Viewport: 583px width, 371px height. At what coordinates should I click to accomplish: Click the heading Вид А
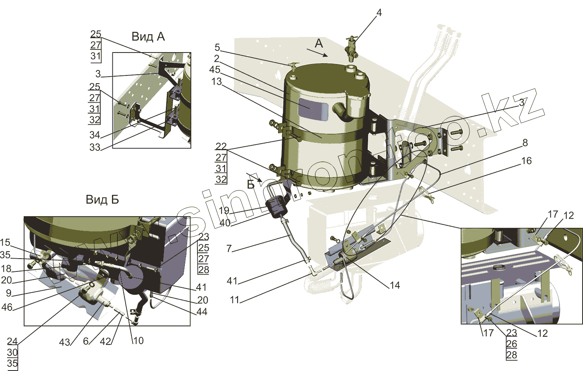pos(148,37)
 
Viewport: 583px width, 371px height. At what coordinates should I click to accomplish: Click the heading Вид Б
pos(102,199)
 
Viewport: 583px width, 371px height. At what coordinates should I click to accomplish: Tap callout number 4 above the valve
pos(379,13)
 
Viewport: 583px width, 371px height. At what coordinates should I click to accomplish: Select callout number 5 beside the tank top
pos(217,47)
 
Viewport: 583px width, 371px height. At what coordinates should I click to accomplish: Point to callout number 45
pos(215,70)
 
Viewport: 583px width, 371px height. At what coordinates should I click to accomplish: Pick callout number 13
pos(216,82)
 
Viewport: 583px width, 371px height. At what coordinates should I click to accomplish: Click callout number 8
pos(525,143)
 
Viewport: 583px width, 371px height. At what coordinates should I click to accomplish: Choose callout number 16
pos(526,161)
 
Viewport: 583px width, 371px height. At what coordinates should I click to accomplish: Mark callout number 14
pos(395,285)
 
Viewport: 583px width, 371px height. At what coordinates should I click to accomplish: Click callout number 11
pos(234,300)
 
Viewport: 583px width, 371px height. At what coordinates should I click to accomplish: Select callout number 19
pos(224,211)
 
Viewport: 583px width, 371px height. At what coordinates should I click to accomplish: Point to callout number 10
pos(138,341)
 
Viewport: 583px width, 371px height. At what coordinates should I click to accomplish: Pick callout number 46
pos(7,307)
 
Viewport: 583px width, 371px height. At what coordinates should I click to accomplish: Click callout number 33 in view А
pos(95,147)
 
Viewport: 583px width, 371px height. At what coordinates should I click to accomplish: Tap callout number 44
pos(202,311)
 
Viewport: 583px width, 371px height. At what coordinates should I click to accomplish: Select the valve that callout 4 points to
pos(352,49)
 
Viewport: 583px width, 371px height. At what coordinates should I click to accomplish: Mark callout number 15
pos(5,243)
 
